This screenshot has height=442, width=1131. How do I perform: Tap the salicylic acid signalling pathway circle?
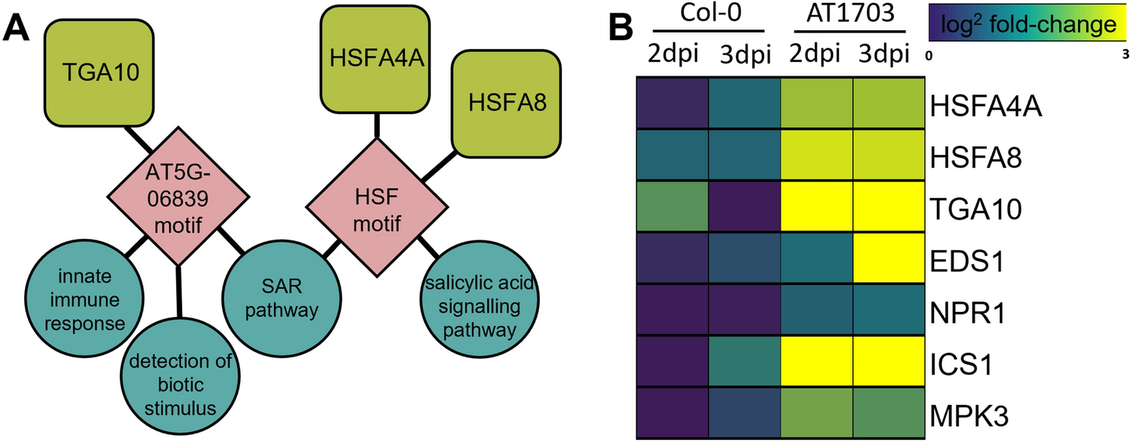click(x=470, y=308)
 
